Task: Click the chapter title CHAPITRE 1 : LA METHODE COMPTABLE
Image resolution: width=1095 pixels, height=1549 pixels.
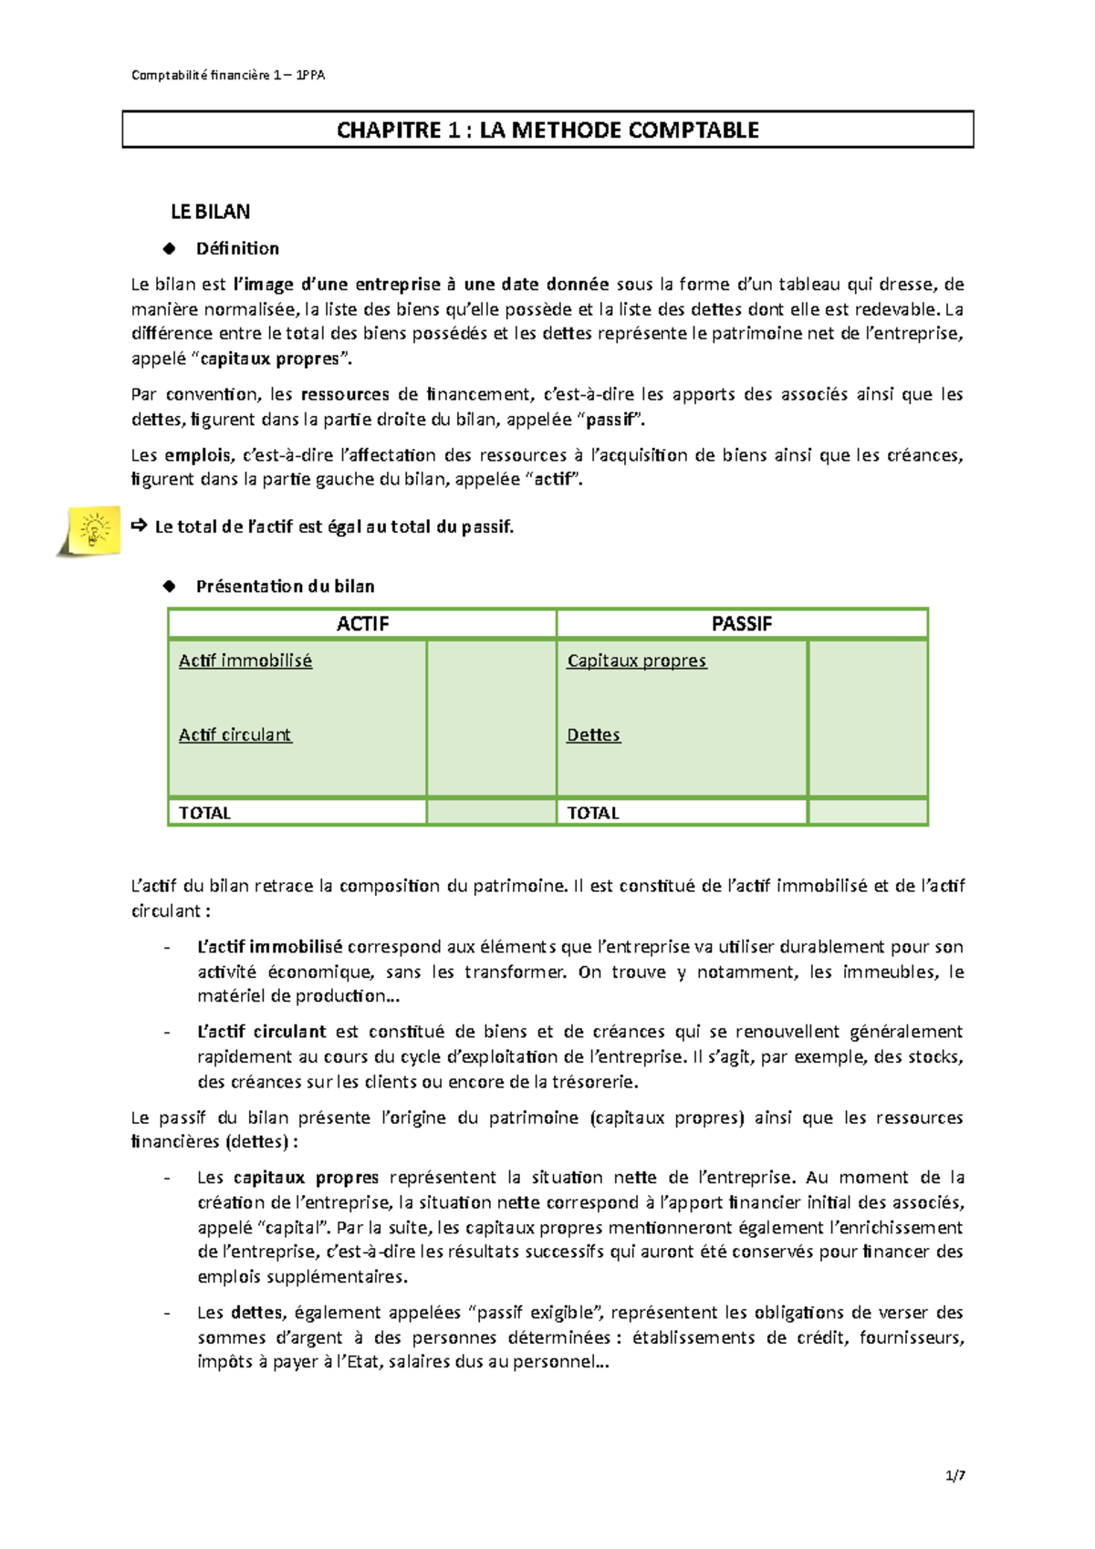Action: pos(547,130)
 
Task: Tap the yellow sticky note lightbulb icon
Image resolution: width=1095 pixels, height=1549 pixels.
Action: pos(92,531)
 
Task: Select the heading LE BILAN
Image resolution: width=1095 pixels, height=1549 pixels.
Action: pos(210,212)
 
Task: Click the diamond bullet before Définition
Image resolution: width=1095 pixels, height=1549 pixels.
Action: pos(169,248)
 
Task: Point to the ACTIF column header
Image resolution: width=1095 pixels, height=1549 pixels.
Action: pos(362,624)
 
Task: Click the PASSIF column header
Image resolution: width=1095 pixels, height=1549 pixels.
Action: pos(741,624)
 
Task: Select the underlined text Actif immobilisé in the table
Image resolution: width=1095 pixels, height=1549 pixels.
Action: pos(245,660)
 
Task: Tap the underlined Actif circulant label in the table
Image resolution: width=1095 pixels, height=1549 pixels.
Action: pos(235,734)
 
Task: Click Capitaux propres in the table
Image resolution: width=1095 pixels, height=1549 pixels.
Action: pos(636,660)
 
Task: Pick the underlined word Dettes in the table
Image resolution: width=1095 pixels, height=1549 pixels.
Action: pos(593,734)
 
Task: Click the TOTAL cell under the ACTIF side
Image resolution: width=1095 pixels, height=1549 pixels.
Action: pos(204,813)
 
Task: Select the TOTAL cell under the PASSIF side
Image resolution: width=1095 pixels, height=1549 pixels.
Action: pos(593,813)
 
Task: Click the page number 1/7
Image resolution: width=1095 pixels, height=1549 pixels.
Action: pos(955,1475)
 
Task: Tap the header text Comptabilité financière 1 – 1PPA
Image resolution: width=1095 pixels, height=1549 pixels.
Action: pos(228,75)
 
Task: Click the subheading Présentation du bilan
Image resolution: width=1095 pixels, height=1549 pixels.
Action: pos(285,587)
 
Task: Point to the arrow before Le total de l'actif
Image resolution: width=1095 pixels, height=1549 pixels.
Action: pos(139,525)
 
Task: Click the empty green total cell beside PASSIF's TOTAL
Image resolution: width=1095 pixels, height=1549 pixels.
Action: pos(867,812)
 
